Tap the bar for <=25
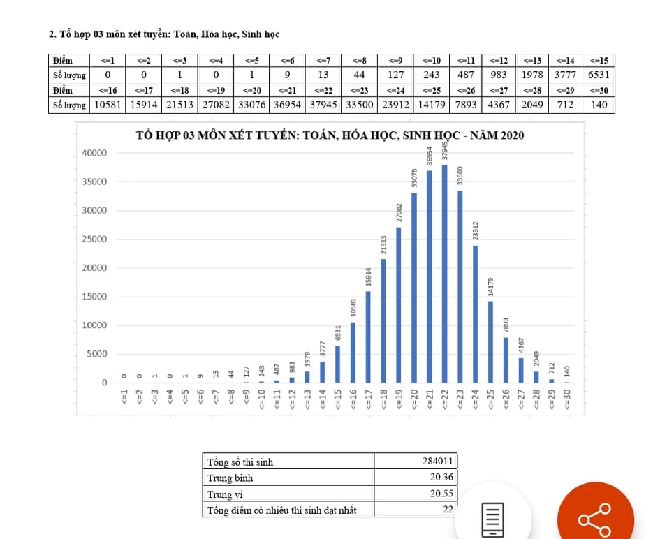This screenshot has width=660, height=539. click(490, 341)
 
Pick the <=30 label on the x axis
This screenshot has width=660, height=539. click(567, 399)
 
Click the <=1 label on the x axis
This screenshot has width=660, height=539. click(124, 399)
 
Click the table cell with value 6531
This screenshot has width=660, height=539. click(599, 75)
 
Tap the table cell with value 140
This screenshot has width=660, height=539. click(599, 105)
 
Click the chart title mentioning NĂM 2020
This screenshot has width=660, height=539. click(329, 135)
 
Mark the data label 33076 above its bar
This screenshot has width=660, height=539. click(414, 179)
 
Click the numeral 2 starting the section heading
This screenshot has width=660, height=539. click(52, 34)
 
